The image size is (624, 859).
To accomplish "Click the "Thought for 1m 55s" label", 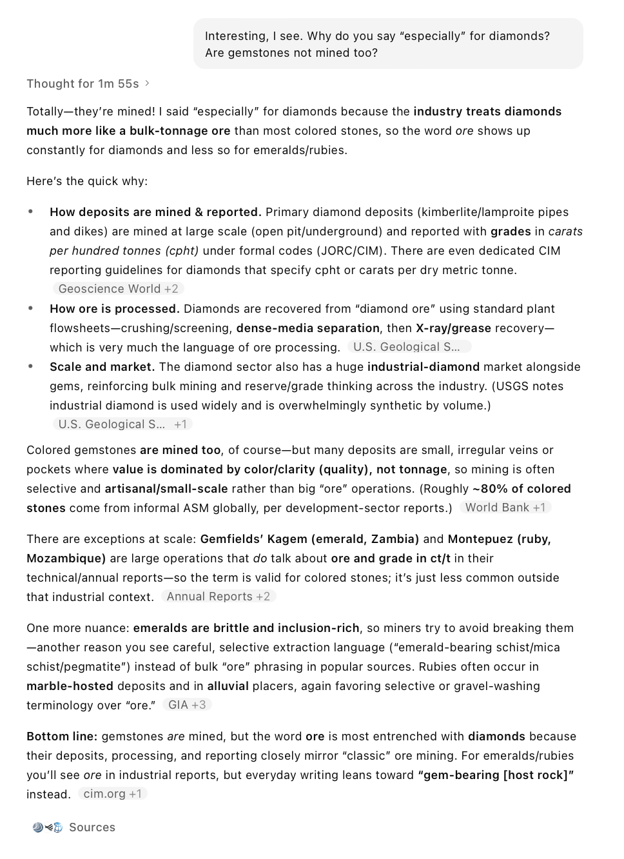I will [83, 84].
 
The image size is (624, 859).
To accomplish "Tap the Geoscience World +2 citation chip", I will [118, 289].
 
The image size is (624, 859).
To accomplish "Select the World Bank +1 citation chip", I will [505, 508].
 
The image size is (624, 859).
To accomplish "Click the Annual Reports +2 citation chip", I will [219, 597].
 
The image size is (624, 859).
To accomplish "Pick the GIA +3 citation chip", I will [187, 705].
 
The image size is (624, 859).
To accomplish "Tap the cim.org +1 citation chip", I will [113, 794].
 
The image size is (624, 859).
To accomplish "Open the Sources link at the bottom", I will [92, 827].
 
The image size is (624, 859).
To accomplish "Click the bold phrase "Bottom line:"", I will [62, 736].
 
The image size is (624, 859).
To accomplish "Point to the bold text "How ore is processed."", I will [115, 309].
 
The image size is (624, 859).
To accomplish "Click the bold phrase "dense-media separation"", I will [308, 328].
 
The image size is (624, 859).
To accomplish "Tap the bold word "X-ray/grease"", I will [453, 328].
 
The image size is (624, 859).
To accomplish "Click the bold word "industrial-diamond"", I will [424, 367].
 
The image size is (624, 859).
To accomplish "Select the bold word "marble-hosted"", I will [70, 686].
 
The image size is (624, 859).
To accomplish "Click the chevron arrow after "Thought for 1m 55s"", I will [148, 83].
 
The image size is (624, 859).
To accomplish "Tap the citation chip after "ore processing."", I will [409, 347].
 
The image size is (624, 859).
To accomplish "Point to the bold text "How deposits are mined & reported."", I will [155, 212].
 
